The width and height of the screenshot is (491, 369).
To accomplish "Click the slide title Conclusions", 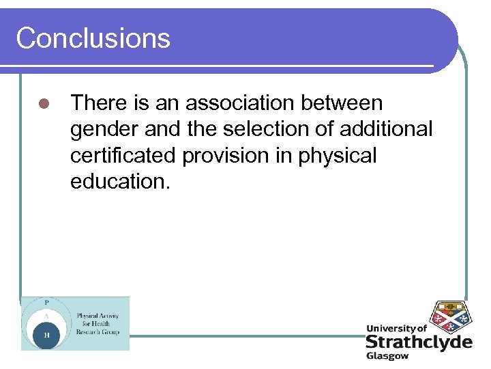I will pos(93,38).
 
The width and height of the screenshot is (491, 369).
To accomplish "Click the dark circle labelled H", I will pos(46,335).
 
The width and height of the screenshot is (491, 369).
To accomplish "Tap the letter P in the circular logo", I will pos(46,302).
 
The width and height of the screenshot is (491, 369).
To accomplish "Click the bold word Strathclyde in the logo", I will pos(418,341).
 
